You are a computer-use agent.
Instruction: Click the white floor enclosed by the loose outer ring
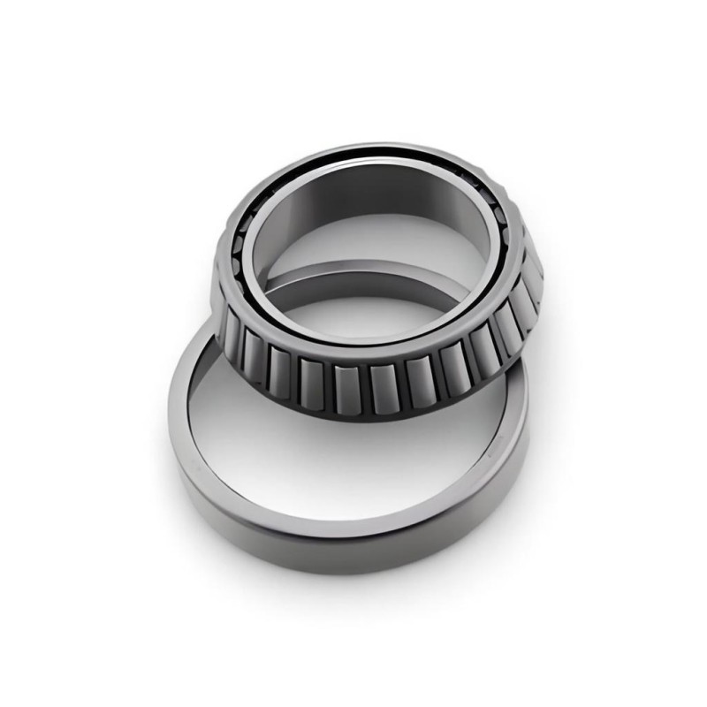pyautogui.click(x=353, y=468)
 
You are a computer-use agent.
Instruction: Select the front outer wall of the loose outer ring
pyautogui.click(x=353, y=544)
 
